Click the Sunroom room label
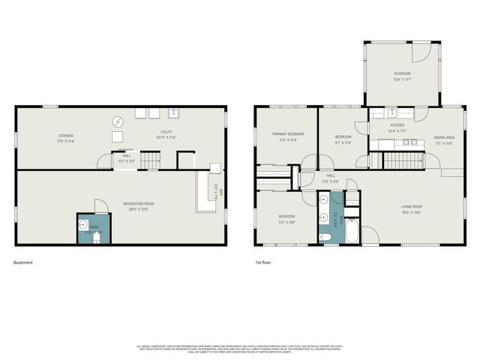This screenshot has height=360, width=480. (403, 73)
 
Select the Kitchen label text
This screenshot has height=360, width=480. (397, 125)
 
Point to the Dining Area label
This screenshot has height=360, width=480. (444, 137)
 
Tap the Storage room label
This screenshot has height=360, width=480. (66, 136)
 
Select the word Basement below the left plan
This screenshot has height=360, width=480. (23, 262)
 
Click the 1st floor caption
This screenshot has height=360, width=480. (262, 262)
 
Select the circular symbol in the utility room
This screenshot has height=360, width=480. (118, 121)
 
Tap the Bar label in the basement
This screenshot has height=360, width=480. (222, 191)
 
